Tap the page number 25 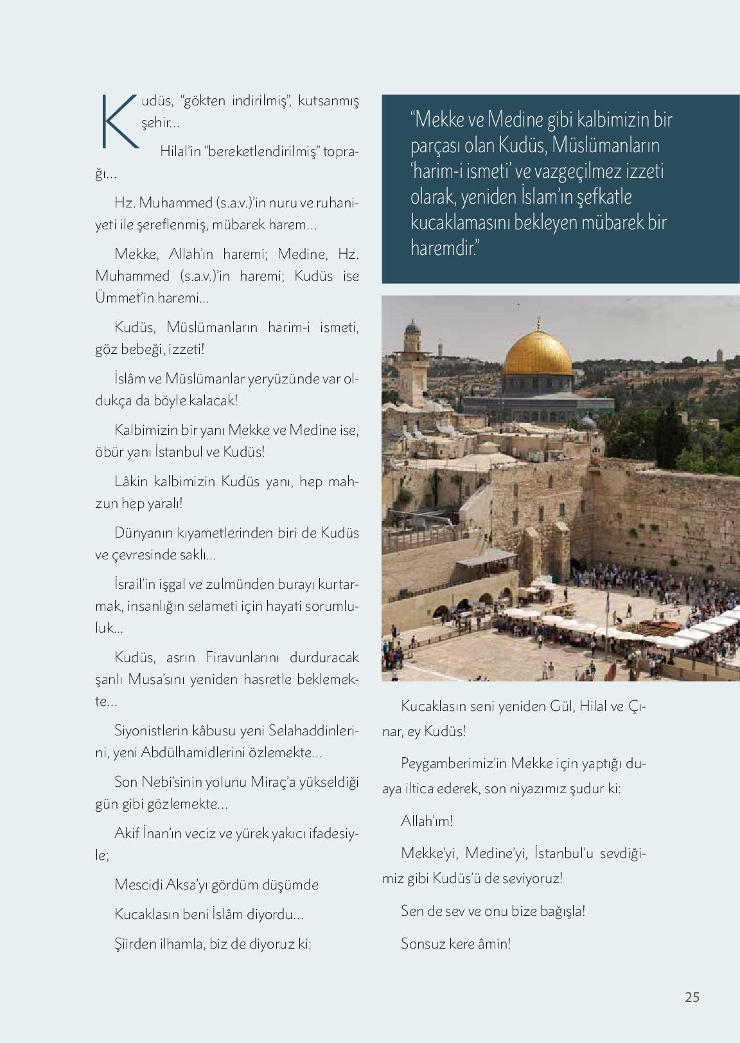click(692, 997)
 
